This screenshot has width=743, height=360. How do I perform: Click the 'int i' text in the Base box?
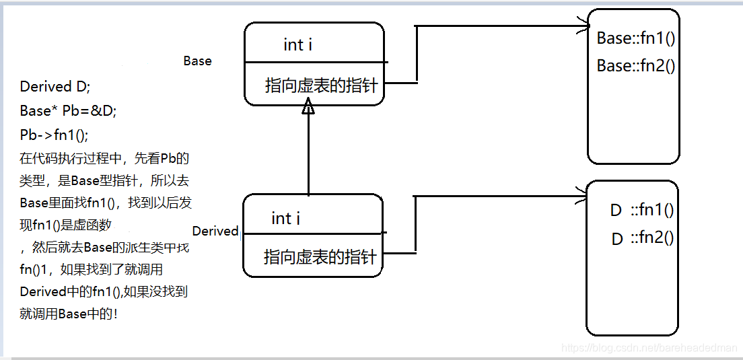[297, 45]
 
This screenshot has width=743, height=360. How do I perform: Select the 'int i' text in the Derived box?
[285, 218]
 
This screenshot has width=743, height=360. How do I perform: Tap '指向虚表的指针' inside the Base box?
[322, 85]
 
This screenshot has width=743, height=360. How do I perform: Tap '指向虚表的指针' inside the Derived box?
[320, 256]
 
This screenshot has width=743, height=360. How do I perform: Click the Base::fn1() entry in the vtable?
[635, 38]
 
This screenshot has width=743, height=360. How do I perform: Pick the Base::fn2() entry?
[635, 66]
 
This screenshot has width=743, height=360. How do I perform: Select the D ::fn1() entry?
[641, 210]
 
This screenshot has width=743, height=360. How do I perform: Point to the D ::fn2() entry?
[641, 238]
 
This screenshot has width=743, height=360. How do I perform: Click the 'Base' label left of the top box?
[197, 61]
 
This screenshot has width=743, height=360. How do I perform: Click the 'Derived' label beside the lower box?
[215, 231]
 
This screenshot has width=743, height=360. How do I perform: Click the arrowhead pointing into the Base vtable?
[585, 28]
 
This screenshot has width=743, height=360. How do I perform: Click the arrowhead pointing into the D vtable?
[583, 198]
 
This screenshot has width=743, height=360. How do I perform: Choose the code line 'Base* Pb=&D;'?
[68, 111]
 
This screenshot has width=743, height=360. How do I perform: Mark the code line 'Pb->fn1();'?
[54, 135]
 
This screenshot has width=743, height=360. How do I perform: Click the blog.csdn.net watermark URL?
[649, 348]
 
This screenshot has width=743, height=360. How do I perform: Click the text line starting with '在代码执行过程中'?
[104, 159]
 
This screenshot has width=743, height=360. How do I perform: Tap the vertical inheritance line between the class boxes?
[308, 155]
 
